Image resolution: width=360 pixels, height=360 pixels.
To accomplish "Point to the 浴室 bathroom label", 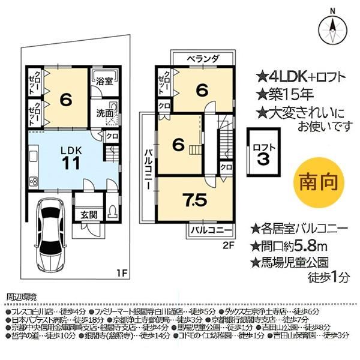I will tap(105, 82).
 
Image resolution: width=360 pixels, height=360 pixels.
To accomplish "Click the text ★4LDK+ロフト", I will tap(297, 76).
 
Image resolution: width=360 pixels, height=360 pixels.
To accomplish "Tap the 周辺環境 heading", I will tap(21, 296).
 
